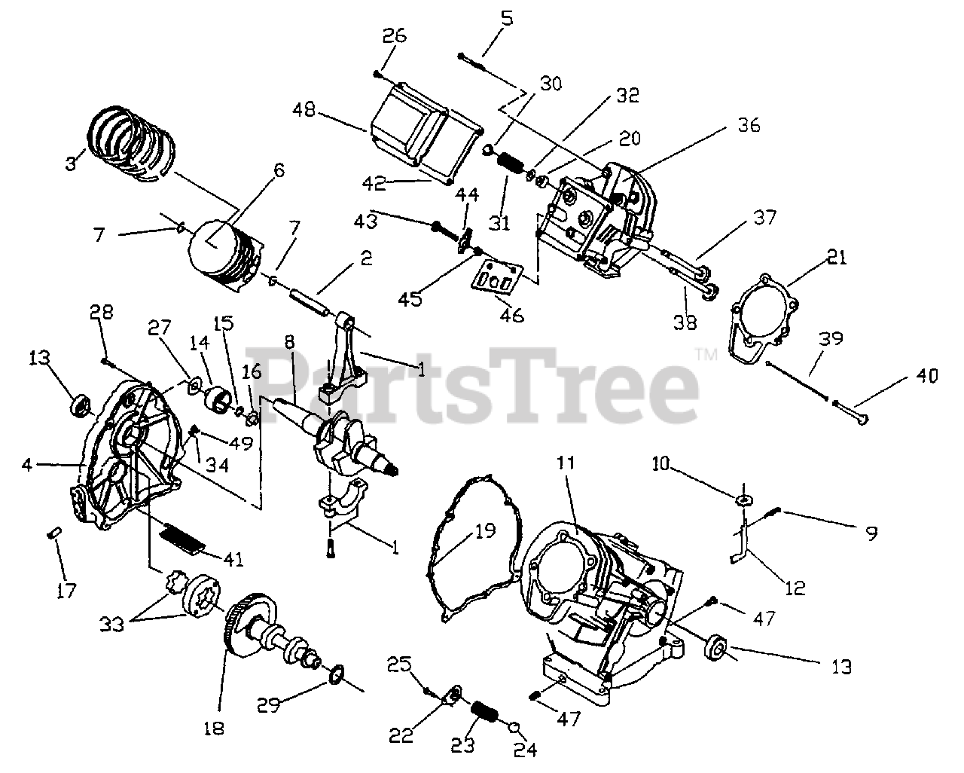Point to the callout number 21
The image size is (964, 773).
click(x=837, y=258)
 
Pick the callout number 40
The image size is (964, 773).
click(x=928, y=374)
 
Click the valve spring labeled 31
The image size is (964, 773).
click(x=511, y=166)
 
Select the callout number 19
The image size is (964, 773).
click(x=486, y=531)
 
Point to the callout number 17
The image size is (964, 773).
click(x=67, y=590)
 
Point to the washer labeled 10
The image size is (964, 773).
click(x=745, y=500)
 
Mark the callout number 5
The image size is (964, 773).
click(x=506, y=17)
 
